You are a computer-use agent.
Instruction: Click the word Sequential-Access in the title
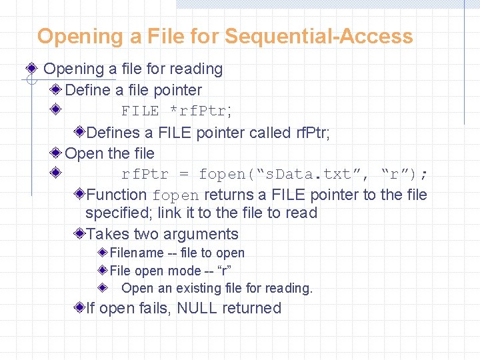[x=319, y=36]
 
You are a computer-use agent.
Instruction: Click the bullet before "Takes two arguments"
[x=79, y=234]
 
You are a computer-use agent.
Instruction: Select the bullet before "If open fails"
[x=79, y=308]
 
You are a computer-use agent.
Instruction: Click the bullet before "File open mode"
[x=103, y=271]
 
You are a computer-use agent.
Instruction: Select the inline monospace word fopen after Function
[x=175, y=195]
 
